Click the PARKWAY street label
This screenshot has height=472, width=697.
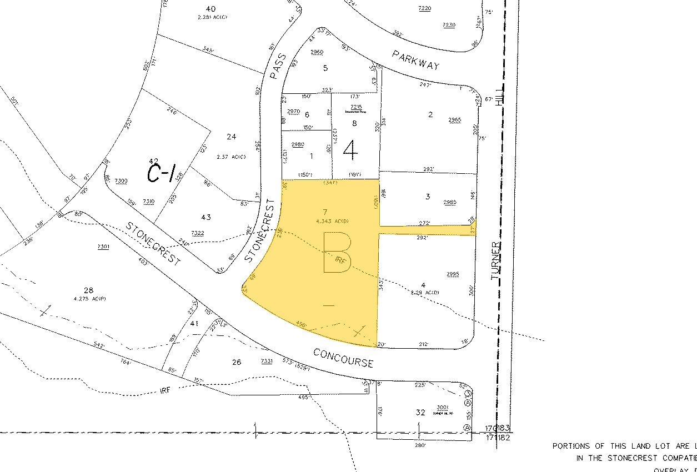click(x=415, y=60)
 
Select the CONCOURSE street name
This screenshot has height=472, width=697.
click(x=343, y=358)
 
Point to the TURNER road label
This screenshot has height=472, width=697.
click(x=496, y=260)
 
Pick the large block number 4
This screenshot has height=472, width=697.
click(x=350, y=148)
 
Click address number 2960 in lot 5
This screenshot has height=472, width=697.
click(x=317, y=52)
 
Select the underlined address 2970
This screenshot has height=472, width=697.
click(x=294, y=112)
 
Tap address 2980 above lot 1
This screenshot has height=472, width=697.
click(x=298, y=144)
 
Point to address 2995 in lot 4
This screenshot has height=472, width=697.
click(x=453, y=274)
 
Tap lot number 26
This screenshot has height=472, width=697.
click(x=237, y=362)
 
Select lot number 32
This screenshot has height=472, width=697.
click(x=420, y=413)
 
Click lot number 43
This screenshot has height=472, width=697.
click(x=206, y=217)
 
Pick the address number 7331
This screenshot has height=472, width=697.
click(x=266, y=361)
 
